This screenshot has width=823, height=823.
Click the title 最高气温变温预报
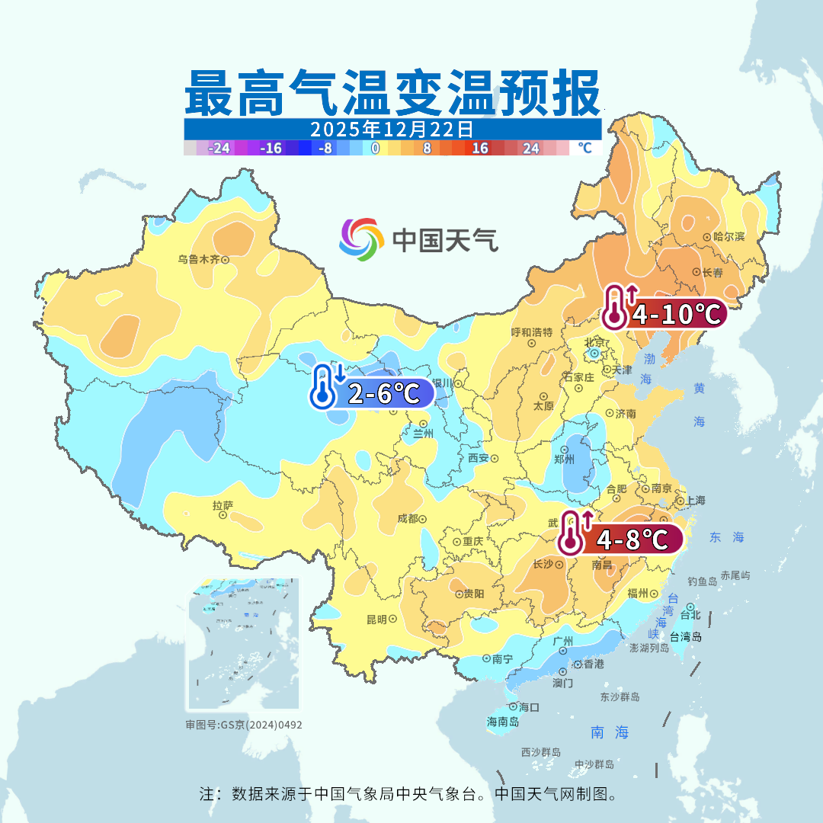(x=392, y=93)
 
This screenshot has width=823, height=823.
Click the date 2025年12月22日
(x=392, y=129)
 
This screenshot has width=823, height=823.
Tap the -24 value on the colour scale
(x=219, y=148)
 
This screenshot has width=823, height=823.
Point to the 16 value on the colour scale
(x=479, y=148)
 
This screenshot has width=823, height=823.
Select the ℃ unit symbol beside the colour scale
(x=584, y=148)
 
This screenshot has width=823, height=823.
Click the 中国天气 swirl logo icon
(x=361, y=239)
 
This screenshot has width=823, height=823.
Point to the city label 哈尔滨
(x=729, y=237)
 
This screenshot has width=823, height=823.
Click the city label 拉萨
(x=223, y=505)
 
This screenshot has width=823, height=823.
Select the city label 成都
(x=408, y=519)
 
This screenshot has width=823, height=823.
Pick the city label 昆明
(x=376, y=619)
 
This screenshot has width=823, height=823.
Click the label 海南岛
(x=503, y=721)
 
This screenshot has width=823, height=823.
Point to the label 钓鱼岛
(x=702, y=581)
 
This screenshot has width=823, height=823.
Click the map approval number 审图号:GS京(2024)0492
(x=244, y=725)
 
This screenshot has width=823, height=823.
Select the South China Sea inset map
(x=244, y=645)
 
